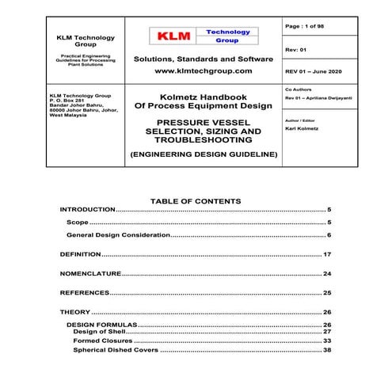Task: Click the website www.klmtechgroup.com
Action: [204, 71]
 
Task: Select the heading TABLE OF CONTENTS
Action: [195, 201]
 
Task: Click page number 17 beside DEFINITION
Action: [327, 255]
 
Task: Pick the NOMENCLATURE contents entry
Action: [91, 273]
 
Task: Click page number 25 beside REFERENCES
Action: [327, 292]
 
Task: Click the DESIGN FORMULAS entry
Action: [102, 325]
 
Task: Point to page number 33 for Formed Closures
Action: [327, 341]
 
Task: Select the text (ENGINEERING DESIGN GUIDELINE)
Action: [204, 154]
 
